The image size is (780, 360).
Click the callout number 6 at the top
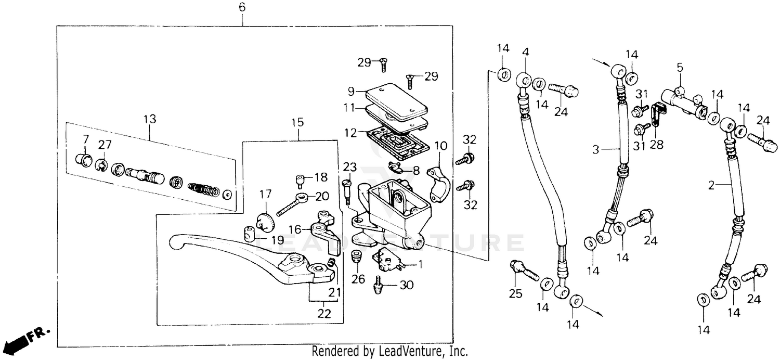(242, 8)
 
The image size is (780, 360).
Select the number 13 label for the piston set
(150, 119)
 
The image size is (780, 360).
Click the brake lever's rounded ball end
(177, 241)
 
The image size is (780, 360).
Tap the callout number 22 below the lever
(323, 314)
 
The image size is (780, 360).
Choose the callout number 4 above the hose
(525, 53)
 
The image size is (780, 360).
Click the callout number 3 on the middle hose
(596, 149)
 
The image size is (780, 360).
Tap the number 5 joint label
(679, 68)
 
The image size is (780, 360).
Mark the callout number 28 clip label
(656, 145)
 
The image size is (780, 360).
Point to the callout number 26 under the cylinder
(358, 279)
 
